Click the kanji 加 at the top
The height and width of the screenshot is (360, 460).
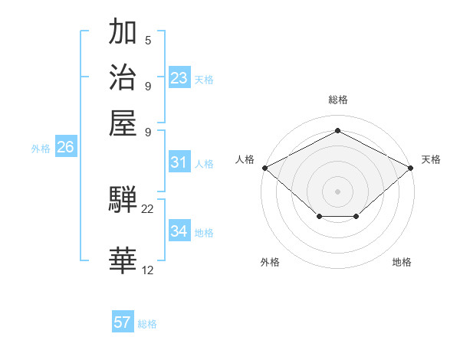click(x=123, y=33)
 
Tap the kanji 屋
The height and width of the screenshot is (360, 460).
click(x=123, y=122)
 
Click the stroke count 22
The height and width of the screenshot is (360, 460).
click(x=148, y=208)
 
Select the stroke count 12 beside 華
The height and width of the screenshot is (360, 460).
click(x=148, y=270)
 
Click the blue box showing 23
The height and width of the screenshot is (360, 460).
click(x=179, y=78)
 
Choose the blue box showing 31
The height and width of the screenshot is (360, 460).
click(x=179, y=162)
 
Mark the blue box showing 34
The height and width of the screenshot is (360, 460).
click(x=179, y=231)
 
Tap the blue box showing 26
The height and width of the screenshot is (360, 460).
click(x=65, y=148)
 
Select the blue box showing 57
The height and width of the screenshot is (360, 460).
click(x=123, y=322)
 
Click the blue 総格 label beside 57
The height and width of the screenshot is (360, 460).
click(x=147, y=324)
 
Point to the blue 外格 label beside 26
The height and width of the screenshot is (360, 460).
click(x=41, y=149)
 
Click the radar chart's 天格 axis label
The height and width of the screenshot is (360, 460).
click(x=431, y=159)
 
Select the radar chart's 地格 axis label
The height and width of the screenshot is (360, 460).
click(x=402, y=262)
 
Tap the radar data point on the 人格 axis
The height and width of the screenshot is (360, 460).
click(x=264, y=167)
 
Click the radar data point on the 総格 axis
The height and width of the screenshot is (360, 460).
click(x=337, y=130)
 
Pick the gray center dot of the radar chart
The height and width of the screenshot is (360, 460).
click(x=337, y=191)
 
